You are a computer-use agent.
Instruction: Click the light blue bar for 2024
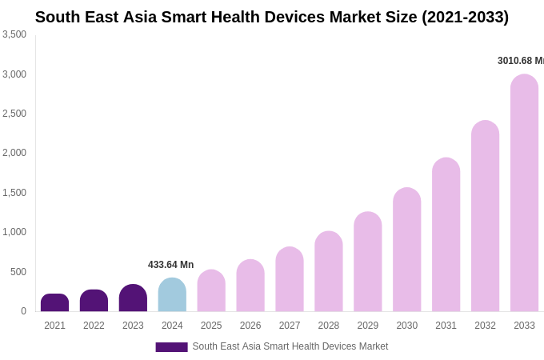(172, 295)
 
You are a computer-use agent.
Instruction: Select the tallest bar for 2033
(524, 193)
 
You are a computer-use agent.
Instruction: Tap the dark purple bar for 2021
(54, 303)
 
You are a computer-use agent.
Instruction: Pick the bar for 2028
(329, 272)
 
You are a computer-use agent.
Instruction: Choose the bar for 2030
(406, 250)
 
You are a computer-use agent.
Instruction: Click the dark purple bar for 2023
(133, 298)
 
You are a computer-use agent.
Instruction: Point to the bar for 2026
(250, 286)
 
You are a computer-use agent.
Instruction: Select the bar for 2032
(485, 216)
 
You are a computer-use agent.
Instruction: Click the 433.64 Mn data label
(170, 265)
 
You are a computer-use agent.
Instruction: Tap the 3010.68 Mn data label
(520, 61)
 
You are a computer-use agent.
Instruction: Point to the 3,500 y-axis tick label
(14, 34)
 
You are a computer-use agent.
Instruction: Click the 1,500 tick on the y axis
(14, 193)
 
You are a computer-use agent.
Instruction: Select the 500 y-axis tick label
(18, 272)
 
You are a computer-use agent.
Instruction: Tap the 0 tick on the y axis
(23, 311)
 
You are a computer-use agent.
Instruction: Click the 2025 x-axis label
(211, 326)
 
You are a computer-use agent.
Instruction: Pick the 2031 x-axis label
(446, 326)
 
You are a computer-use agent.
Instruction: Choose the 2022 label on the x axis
(94, 326)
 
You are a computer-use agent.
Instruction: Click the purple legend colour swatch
(171, 347)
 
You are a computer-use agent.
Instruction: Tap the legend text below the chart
(290, 346)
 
